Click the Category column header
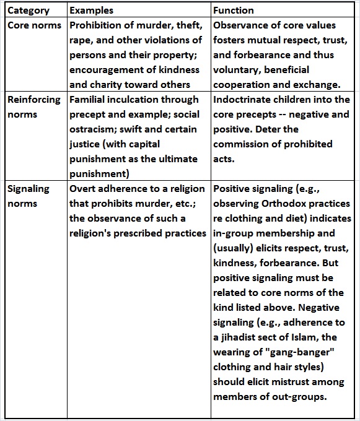(28, 11)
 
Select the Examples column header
(92, 11)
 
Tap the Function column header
(233, 11)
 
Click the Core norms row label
(34, 25)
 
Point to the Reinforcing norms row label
(34, 106)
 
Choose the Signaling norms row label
(29, 196)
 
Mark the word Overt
(83, 189)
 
